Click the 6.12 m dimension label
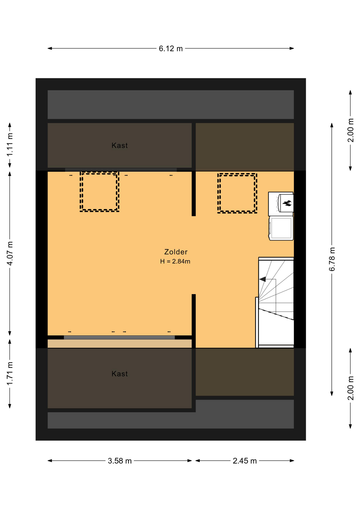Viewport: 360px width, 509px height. coord(171,49)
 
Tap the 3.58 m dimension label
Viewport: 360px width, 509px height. coord(120,461)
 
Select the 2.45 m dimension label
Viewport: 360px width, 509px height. coord(245,461)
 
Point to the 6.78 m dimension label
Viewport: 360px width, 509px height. coord(332,259)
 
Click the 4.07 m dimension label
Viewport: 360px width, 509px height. coord(10,253)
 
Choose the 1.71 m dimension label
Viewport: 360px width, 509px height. coord(10,374)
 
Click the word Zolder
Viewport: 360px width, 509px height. coord(176,252)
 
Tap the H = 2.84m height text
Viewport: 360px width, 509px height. coord(175,261)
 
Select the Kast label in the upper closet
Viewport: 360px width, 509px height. coord(120,145)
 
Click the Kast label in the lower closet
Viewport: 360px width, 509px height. coord(120,374)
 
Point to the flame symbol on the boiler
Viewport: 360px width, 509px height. coord(287,203)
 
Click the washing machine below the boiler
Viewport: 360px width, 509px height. coord(281,228)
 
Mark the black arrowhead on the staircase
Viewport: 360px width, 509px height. coord(262,279)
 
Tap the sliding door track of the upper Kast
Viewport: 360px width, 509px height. coord(121,170)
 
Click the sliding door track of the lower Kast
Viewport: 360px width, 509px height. coord(119,337)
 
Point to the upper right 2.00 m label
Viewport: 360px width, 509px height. coord(350,130)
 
